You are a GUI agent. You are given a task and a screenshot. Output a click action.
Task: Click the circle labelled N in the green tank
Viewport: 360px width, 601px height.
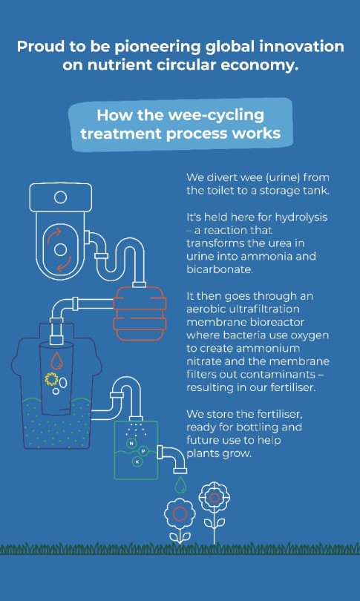(x=131, y=444)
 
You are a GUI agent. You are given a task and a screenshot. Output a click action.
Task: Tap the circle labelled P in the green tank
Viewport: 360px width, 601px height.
(x=143, y=452)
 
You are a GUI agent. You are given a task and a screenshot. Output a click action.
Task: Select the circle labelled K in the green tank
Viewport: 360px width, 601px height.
(x=137, y=462)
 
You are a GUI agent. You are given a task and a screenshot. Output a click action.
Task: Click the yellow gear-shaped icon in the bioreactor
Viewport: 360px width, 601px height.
(x=51, y=379)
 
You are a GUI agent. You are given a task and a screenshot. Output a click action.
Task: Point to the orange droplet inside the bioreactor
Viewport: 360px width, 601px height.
(x=56, y=360)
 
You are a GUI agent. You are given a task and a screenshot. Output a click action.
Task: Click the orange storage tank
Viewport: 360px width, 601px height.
(x=140, y=314)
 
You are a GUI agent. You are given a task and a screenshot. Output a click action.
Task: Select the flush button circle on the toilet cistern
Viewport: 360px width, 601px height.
(x=60, y=197)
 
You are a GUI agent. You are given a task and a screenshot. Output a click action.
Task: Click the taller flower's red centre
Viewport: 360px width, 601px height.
(x=214, y=498)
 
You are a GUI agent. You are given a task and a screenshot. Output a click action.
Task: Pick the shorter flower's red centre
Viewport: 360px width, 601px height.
(x=180, y=513)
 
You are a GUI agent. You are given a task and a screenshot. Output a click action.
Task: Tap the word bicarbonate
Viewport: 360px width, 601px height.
(x=220, y=269)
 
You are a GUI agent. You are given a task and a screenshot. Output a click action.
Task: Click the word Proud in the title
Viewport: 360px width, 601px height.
(x=41, y=47)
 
